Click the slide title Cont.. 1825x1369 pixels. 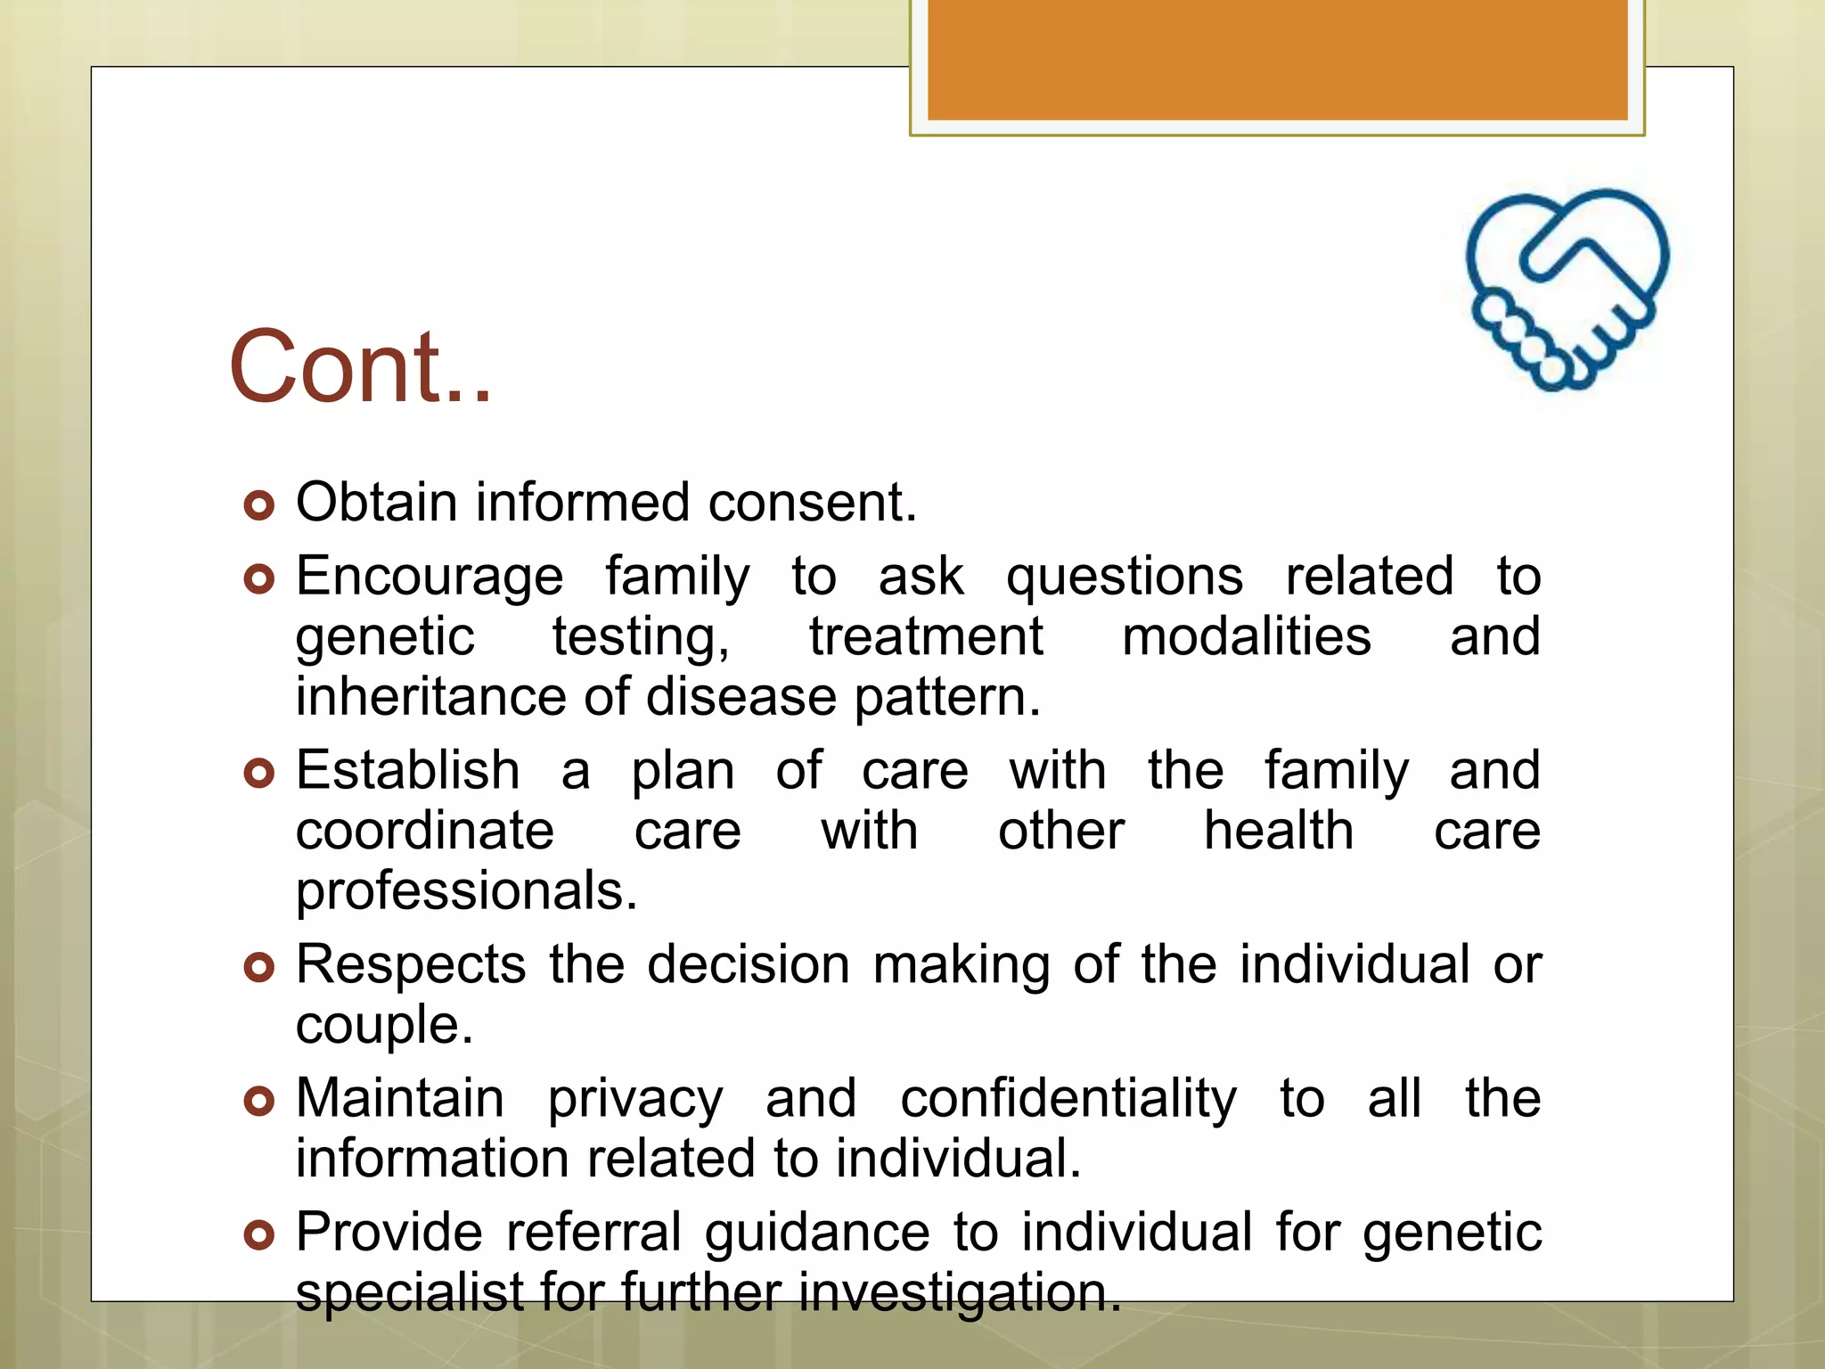(x=360, y=367)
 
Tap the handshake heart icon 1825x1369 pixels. (x=1567, y=290)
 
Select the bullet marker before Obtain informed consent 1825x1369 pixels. (x=258, y=505)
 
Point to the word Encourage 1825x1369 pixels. (x=430, y=576)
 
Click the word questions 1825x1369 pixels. (x=1124, y=578)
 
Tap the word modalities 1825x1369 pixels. (x=1246, y=637)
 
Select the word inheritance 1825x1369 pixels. (x=430, y=697)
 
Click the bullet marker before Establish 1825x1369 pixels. (x=258, y=773)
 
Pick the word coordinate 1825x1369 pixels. (x=425, y=832)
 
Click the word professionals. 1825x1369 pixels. (x=466, y=891)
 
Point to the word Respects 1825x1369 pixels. (x=411, y=965)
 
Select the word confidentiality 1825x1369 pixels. (x=1068, y=1098)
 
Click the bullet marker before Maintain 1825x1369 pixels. (x=258, y=1102)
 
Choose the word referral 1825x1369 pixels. (x=593, y=1233)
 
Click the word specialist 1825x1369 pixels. (x=409, y=1292)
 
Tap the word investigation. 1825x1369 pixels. (x=959, y=1292)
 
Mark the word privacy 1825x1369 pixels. (x=634, y=1100)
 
